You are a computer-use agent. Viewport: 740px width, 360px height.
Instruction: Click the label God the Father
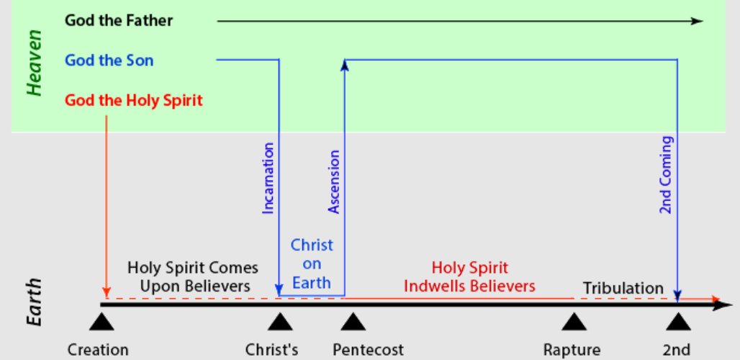(x=119, y=20)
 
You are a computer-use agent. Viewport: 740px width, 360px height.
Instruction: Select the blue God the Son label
(x=109, y=60)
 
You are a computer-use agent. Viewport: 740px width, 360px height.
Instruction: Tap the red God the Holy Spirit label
(x=134, y=100)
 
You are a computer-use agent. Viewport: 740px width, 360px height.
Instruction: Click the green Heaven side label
(x=34, y=67)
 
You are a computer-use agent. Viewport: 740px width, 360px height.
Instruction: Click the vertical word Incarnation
(x=269, y=179)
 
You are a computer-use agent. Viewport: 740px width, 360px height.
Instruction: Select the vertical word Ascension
(x=334, y=181)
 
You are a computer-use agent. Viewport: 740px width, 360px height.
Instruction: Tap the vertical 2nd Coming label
(x=667, y=174)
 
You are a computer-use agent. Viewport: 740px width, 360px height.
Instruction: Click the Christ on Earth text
(x=312, y=264)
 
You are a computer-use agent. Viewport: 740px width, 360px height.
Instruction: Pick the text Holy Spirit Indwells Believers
(x=469, y=276)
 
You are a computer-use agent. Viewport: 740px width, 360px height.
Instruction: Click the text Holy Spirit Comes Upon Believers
(x=192, y=277)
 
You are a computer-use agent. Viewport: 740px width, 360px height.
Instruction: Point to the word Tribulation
(x=623, y=288)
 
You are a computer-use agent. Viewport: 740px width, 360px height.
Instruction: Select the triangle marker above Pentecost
(x=352, y=320)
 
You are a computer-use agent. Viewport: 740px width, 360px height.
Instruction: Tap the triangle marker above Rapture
(x=573, y=320)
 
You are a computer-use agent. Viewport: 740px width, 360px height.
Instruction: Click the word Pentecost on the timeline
(x=368, y=350)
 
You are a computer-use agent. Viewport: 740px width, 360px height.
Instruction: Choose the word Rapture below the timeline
(x=572, y=350)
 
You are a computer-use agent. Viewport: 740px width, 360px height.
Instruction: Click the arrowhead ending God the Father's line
(x=696, y=21)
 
